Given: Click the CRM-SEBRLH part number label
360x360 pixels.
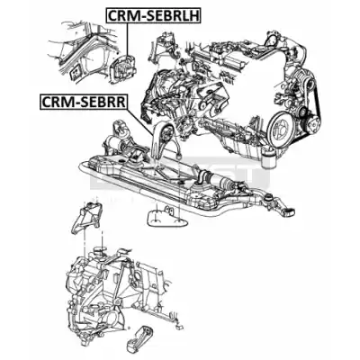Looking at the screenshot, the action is pyautogui.click(x=153, y=16).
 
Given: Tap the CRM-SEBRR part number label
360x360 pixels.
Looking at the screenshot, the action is pyautogui.click(x=84, y=102).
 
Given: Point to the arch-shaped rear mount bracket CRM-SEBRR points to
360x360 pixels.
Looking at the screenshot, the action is pyautogui.click(x=163, y=140).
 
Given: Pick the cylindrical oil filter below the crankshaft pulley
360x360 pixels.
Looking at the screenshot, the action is pyautogui.click(x=268, y=157).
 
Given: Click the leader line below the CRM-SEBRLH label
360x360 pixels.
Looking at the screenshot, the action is pyautogui.click(x=127, y=40).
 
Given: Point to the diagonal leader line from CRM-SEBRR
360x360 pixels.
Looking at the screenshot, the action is pyautogui.click(x=140, y=121).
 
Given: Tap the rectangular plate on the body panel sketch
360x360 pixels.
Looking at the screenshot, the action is pyautogui.click(x=75, y=74).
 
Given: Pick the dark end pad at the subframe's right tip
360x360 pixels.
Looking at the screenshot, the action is pyautogui.click(x=289, y=212).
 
